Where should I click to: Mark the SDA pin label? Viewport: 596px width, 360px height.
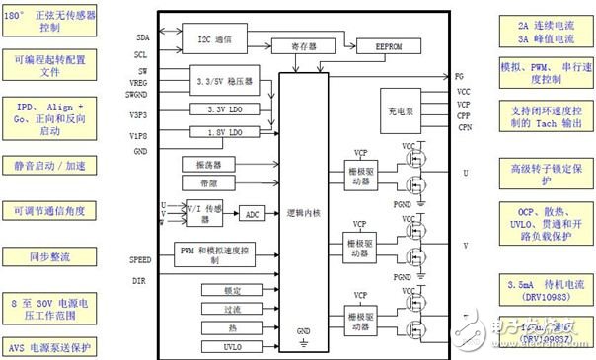[x=143, y=36]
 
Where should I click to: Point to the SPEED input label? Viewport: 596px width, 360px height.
[x=141, y=259]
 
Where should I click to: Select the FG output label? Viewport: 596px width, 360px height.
[x=460, y=76]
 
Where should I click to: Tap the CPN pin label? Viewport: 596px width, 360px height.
[x=465, y=126]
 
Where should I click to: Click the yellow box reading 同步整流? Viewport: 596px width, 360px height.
[x=49, y=257]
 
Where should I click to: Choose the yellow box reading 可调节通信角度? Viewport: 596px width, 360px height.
[x=49, y=211]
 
